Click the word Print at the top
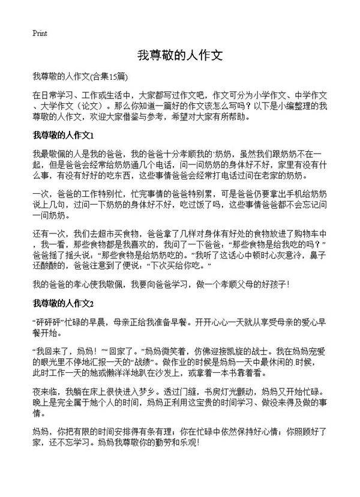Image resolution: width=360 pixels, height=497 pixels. (x=40, y=33)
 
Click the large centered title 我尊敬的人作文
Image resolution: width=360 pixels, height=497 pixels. (x=180, y=56)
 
